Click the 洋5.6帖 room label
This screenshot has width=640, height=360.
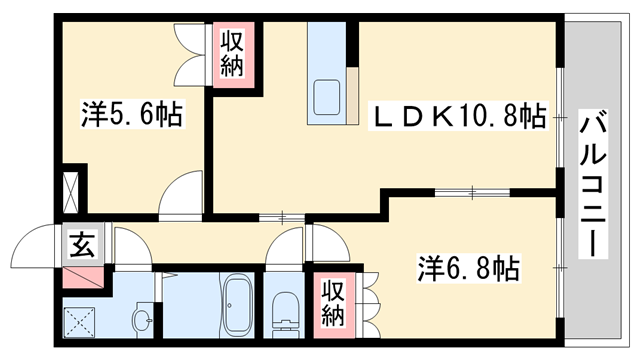click(x=130, y=117)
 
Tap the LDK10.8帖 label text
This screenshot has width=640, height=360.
click(x=459, y=117)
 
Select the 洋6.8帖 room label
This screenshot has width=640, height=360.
click(x=467, y=268)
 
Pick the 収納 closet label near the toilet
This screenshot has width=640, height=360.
click(x=333, y=301)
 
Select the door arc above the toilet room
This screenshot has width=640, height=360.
click(x=286, y=245)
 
